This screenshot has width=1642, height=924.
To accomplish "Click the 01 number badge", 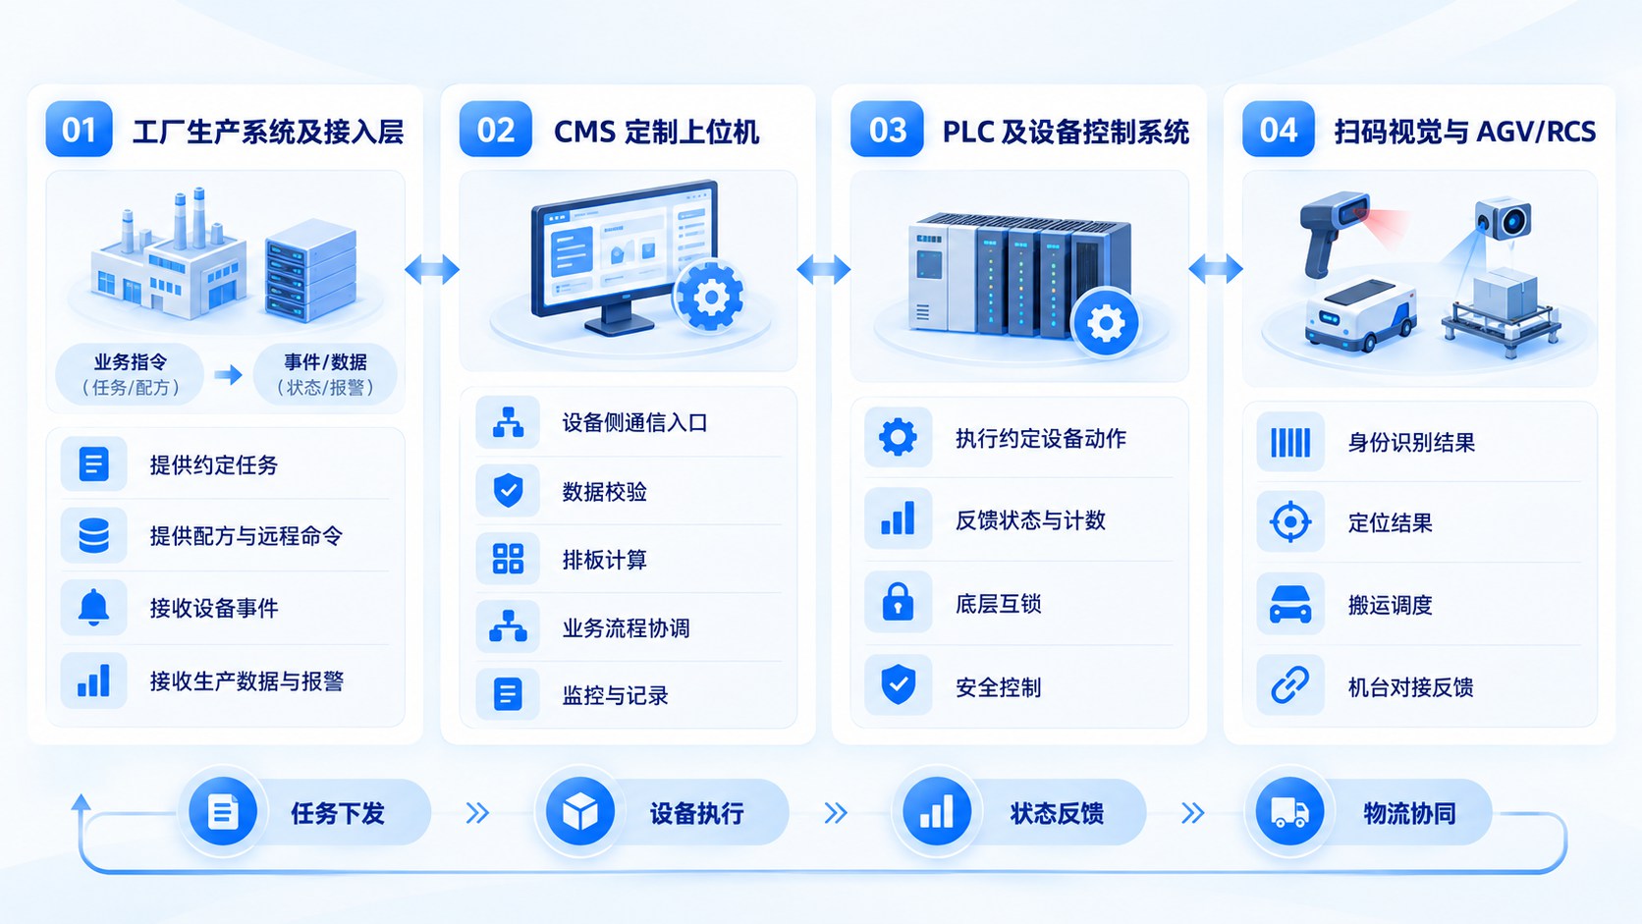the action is (x=79, y=130).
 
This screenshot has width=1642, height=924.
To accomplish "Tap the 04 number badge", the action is (x=1279, y=130).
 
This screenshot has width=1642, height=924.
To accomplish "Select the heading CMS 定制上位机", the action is (x=656, y=132).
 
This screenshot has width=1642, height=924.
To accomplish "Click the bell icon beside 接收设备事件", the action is (x=94, y=607).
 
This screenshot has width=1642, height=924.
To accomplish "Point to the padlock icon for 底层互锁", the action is (x=898, y=602).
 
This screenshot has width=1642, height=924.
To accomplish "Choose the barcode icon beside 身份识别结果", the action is (x=1290, y=443).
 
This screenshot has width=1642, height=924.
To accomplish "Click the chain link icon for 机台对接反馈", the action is (x=1290, y=685).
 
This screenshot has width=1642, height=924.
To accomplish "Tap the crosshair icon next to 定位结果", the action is (x=1290, y=522).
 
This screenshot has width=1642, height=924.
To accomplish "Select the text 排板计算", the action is (x=605, y=560).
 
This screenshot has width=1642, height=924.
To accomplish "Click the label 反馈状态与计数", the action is (x=1030, y=520).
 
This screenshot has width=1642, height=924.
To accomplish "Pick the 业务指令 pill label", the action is (x=130, y=374).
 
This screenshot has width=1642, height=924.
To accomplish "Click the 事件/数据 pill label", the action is (x=325, y=374).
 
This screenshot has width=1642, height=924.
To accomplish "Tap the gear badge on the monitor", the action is (x=710, y=296).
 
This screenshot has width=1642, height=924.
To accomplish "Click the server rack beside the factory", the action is (x=310, y=270).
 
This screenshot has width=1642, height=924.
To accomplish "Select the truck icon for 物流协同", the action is (x=1290, y=812).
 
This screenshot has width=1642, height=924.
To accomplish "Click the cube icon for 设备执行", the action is (x=579, y=812).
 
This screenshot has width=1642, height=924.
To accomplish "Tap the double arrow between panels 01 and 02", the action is (x=432, y=269).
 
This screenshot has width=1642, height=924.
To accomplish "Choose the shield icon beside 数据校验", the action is (x=508, y=490).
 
